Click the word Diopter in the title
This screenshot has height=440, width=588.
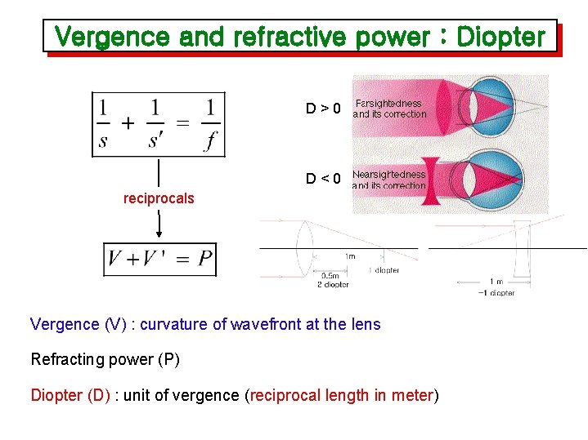(500, 37)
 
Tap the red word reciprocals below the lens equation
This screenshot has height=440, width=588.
(159, 198)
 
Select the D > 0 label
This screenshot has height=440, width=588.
(323, 108)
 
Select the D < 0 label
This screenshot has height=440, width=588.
(323, 178)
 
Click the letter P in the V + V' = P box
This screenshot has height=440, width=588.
(204, 261)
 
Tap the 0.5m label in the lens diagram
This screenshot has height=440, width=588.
(330, 275)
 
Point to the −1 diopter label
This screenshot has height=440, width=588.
(496, 292)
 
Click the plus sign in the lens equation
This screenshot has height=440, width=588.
(128, 124)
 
